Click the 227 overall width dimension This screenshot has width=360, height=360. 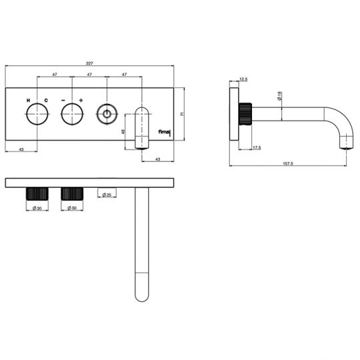[90, 64]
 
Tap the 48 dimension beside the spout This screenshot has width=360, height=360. [123, 131]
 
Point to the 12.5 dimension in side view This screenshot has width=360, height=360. [243, 79]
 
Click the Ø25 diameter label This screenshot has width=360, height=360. [107, 194]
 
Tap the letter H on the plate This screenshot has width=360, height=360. [28, 100]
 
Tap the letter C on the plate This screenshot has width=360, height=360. [46, 100]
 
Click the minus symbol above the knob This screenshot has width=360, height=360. [62, 100]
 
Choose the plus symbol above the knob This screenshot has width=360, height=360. [81, 100]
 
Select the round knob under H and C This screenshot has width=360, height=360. [37, 116]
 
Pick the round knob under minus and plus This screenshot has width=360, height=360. [71, 116]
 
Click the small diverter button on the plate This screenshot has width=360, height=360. [106, 116]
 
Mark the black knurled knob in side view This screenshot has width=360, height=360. [247, 113]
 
